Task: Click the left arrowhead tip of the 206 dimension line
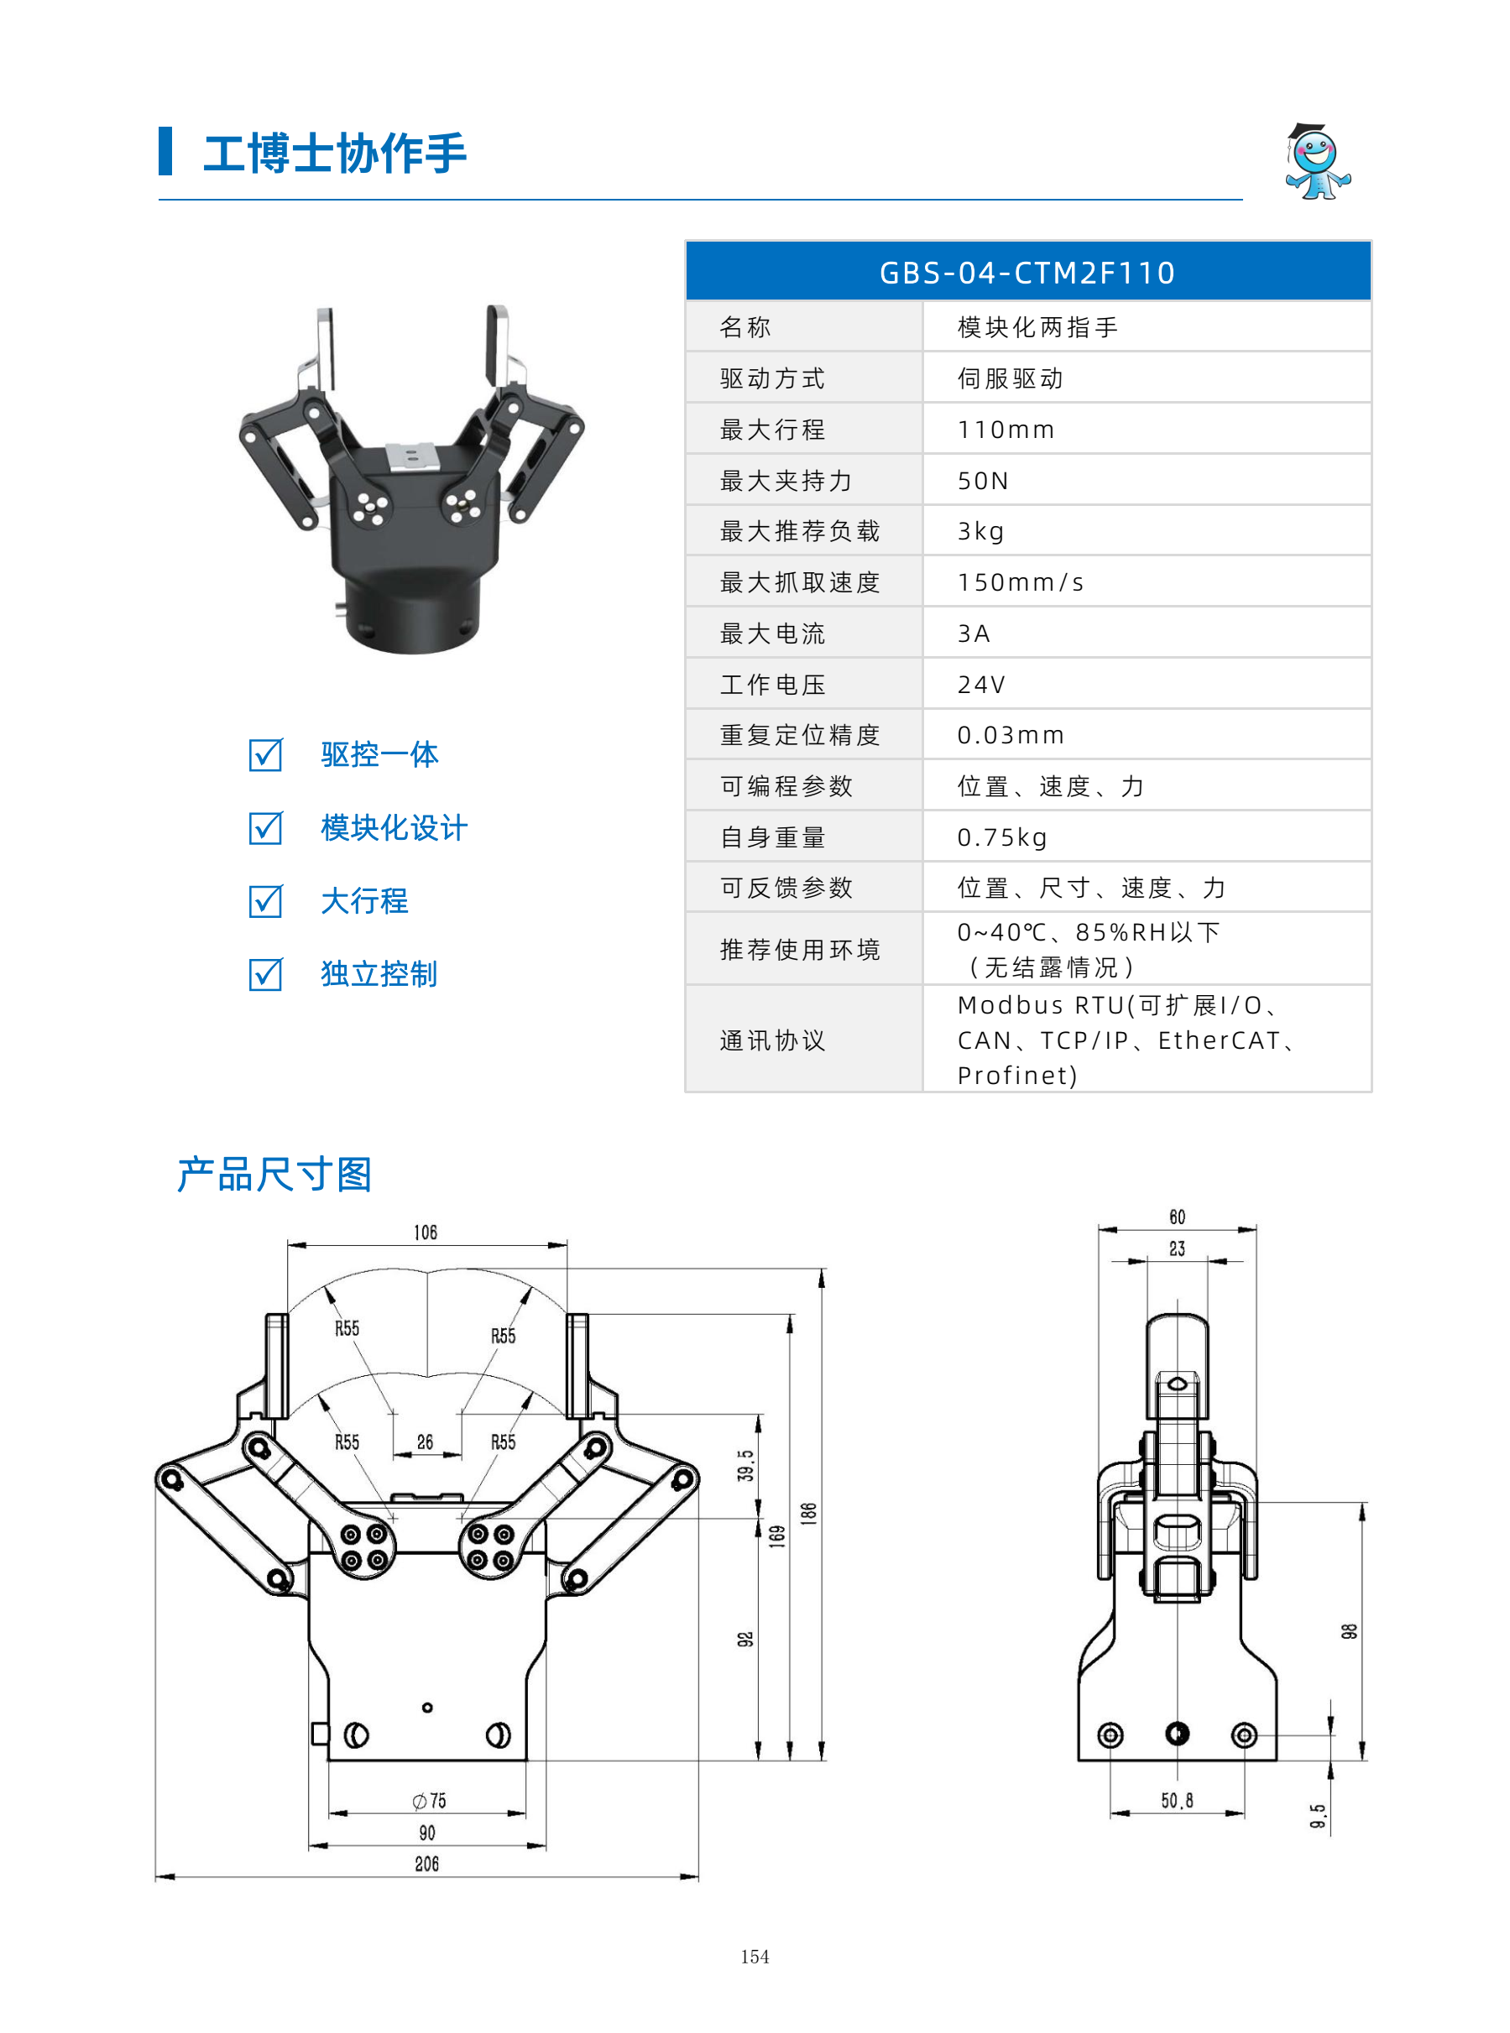tap(156, 1878)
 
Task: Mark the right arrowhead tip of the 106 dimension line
tap(567, 1244)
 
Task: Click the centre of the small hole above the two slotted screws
tap(427, 1707)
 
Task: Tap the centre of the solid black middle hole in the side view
tap(1178, 1733)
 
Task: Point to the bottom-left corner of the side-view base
tap(1079, 1759)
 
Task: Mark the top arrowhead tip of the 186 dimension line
tap(822, 1269)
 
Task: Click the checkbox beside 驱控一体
tap(266, 755)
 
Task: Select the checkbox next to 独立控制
tap(266, 974)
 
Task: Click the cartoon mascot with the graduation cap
tap(1317, 162)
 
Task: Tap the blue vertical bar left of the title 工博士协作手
tap(165, 151)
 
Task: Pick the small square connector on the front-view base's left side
tap(320, 1733)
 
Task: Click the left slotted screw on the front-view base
tap(357, 1733)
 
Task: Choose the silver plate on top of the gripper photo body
tap(411, 456)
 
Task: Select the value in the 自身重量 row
tap(1002, 837)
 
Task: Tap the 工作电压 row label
tap(772, 685)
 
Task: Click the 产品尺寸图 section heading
tap(274, 1174)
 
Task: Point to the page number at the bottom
tap(755, 1957)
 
